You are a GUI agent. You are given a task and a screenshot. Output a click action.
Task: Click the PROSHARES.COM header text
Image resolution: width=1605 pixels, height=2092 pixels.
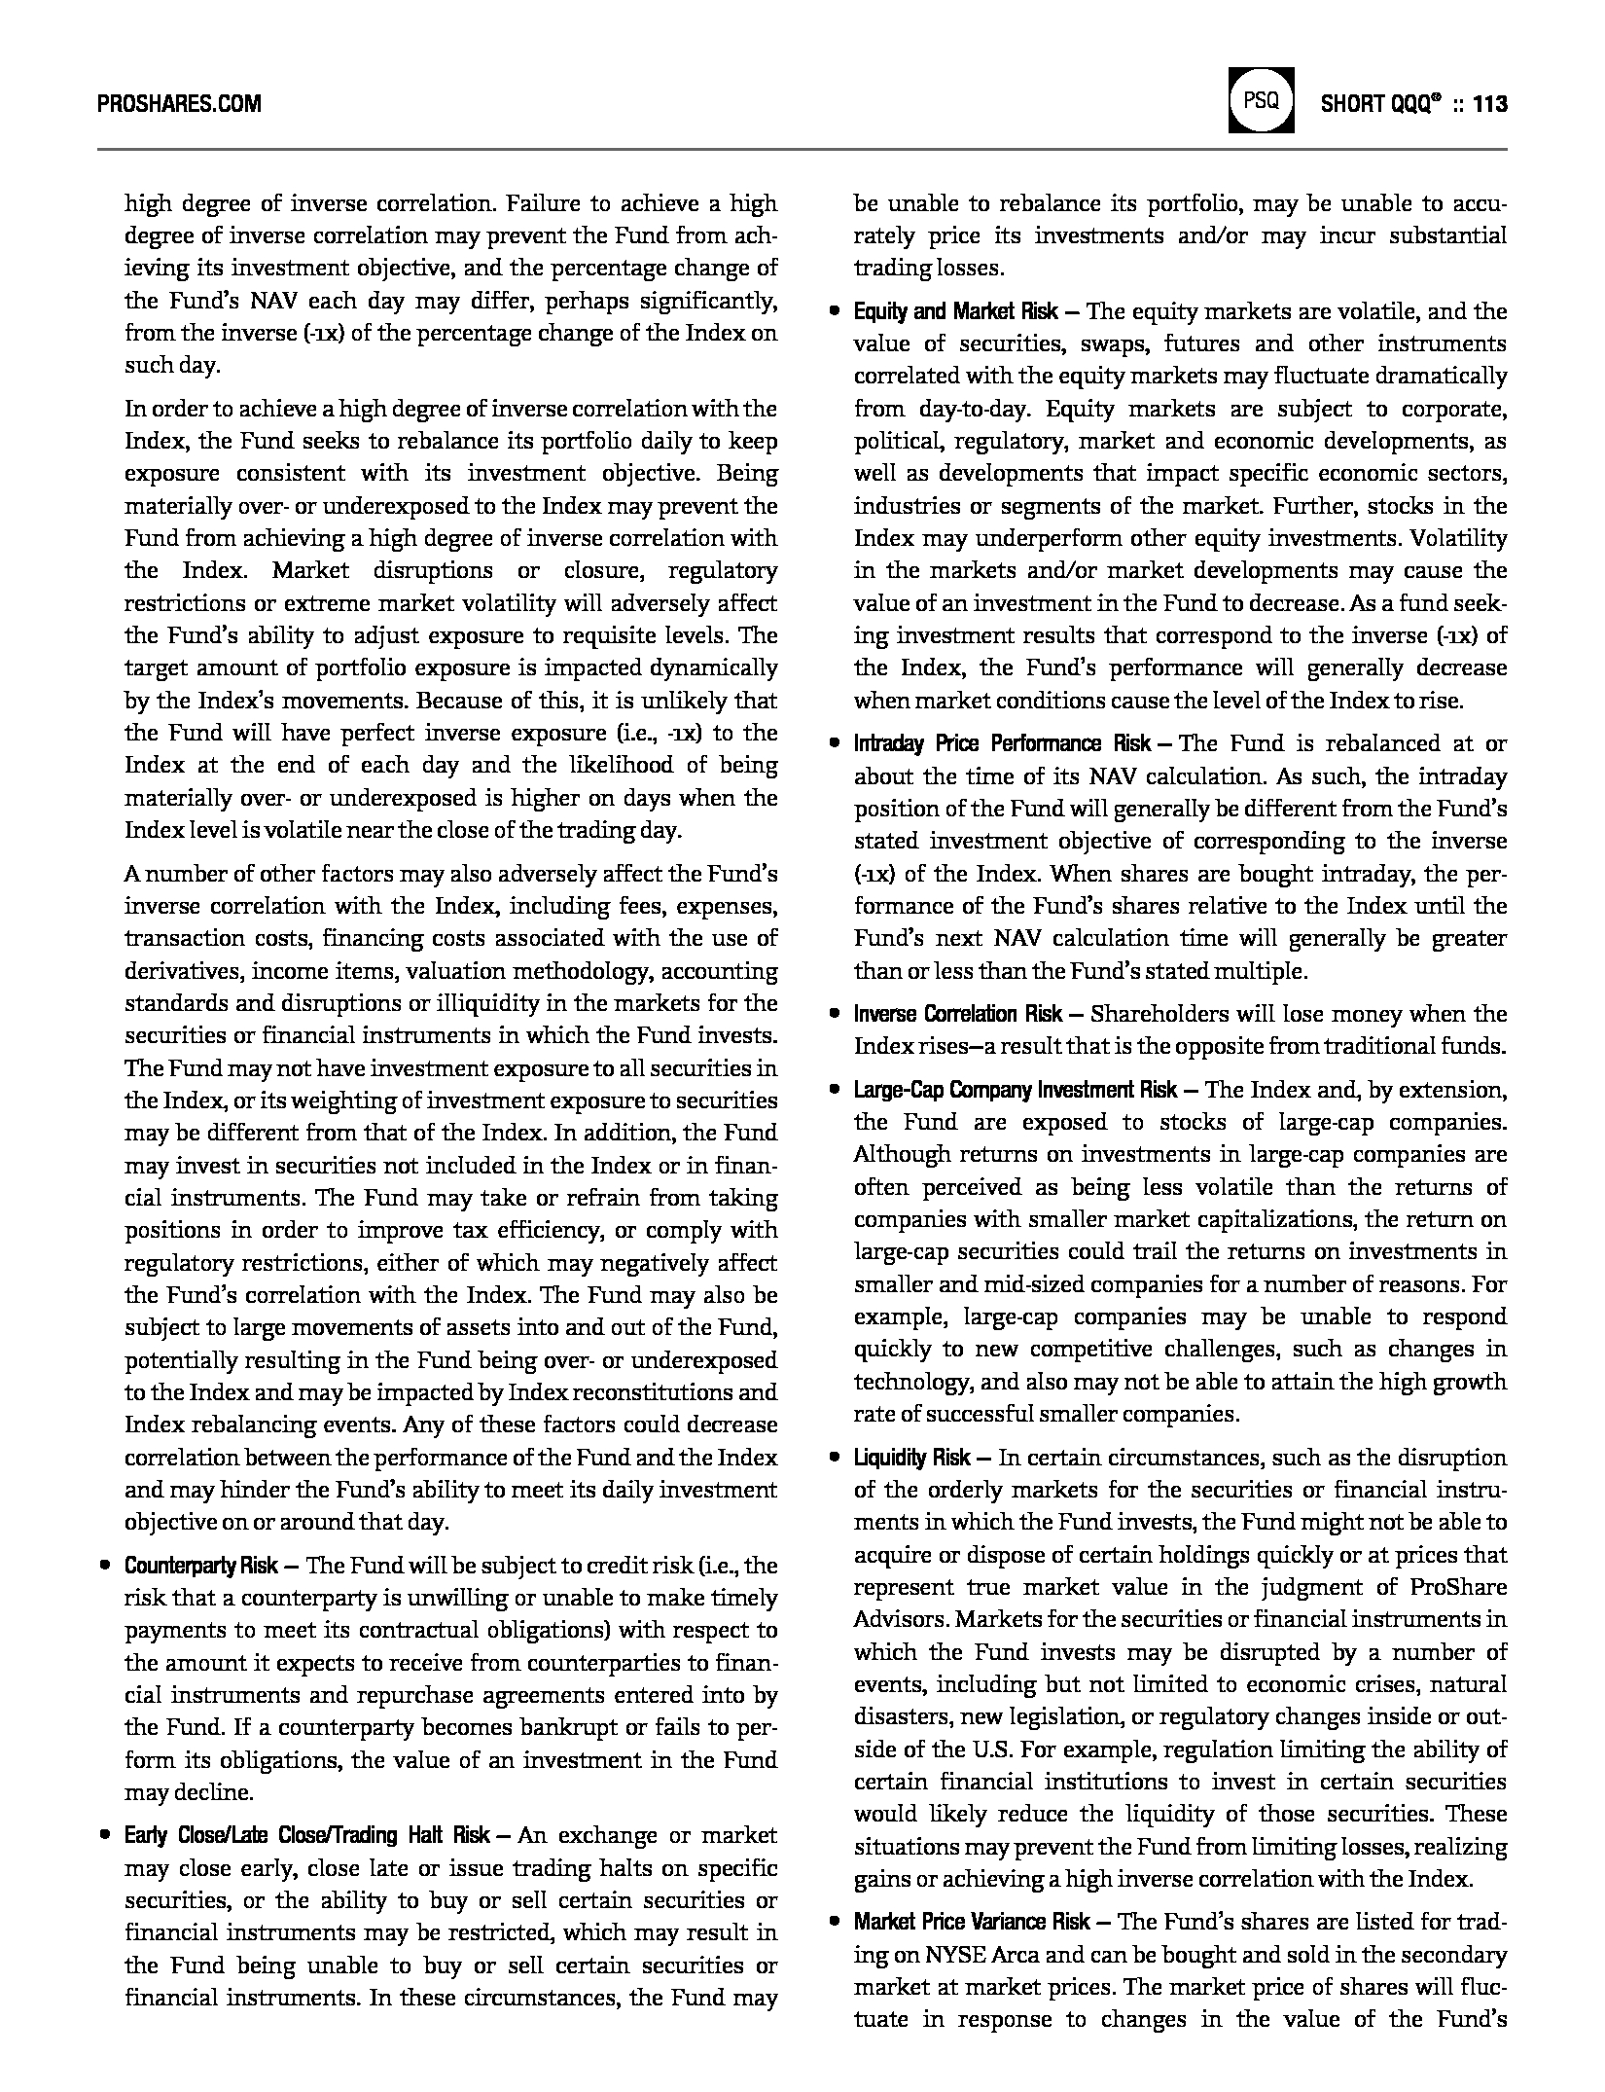[x=179, y=103]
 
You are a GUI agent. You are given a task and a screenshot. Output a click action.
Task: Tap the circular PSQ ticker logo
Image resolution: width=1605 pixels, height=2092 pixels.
[x=1261, y=100]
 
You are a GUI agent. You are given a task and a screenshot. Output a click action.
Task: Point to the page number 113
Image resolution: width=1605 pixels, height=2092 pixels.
[x=1489, y=103]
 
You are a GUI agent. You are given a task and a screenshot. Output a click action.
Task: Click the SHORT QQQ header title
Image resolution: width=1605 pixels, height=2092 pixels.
[x=1381, y=103]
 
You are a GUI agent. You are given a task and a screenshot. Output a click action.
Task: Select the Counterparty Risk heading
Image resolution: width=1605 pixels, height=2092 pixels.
[x=201, y=1566]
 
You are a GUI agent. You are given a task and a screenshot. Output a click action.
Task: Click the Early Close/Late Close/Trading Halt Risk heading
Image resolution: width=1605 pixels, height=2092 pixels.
[x=306, y=1835]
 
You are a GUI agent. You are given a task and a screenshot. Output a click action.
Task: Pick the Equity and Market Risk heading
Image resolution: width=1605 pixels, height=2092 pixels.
[x=955, y=312]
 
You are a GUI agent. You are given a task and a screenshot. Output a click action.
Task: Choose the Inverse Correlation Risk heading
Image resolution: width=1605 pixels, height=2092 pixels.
[x=957, y=1014]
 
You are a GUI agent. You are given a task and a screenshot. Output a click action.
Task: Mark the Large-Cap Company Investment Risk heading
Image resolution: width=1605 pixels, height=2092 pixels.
[x=1015, y=1090]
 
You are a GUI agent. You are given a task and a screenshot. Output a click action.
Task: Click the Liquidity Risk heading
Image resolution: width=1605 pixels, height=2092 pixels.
[x=911, y=1458]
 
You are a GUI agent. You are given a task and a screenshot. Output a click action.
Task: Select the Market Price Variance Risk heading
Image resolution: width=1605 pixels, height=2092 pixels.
[x=972, y=1922]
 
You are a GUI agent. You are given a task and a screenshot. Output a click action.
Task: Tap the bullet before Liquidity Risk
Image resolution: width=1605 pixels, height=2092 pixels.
[x=835, y=1459]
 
